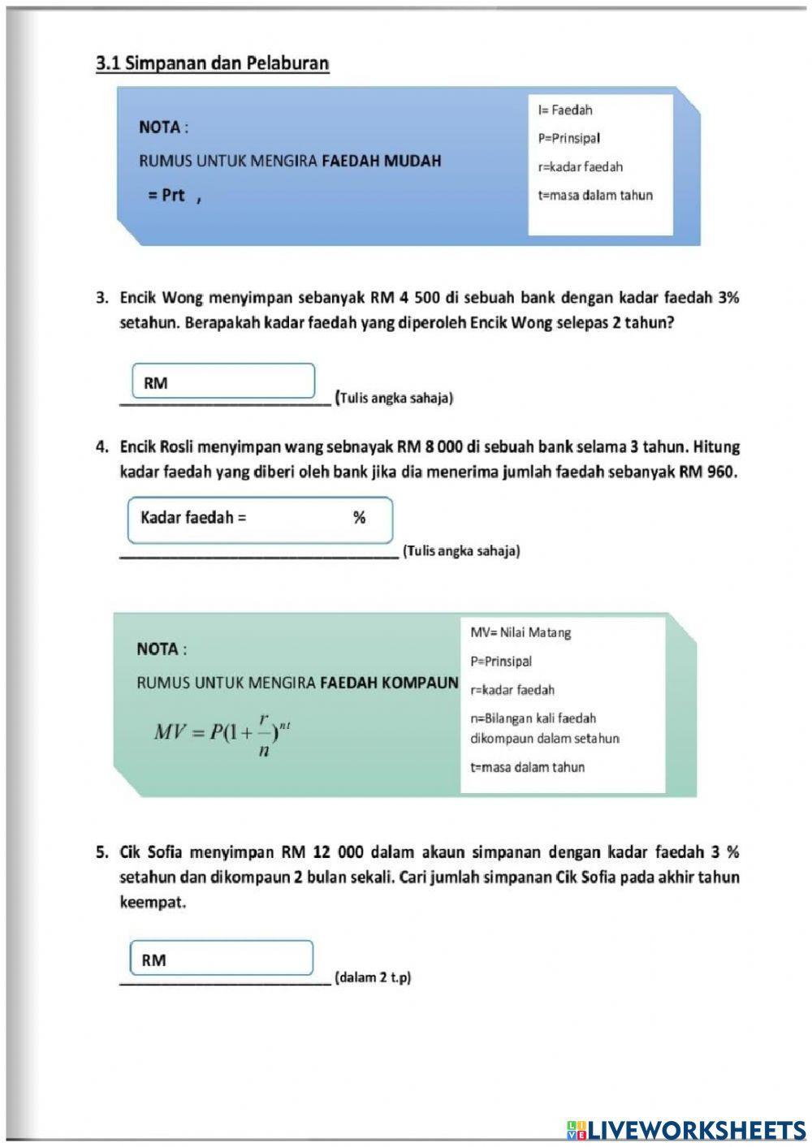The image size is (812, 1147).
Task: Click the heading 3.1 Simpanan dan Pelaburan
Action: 213,63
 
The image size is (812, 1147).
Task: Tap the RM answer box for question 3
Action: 223,382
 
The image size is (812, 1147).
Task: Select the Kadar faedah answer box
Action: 260,519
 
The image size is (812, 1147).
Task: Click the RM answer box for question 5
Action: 222,959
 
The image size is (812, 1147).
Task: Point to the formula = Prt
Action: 167,196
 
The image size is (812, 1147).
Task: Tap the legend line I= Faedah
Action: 565,110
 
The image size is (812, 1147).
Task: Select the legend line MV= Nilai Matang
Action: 520,632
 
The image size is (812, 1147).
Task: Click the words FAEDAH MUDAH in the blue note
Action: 382,161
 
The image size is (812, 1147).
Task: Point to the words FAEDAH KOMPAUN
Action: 389,683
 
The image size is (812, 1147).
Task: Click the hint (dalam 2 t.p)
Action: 373,977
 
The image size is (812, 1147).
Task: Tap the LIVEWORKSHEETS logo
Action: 686,1129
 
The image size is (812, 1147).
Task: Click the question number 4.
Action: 101,447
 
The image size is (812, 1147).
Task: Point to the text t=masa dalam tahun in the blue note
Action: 595,196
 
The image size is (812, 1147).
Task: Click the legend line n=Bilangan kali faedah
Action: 533,718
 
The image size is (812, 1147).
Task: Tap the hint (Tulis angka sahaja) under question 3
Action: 395,398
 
